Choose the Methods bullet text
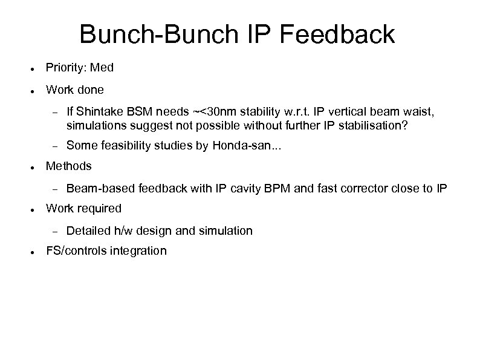pos(69,166)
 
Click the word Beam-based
pos(101,188)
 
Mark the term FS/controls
pos(76,250)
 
